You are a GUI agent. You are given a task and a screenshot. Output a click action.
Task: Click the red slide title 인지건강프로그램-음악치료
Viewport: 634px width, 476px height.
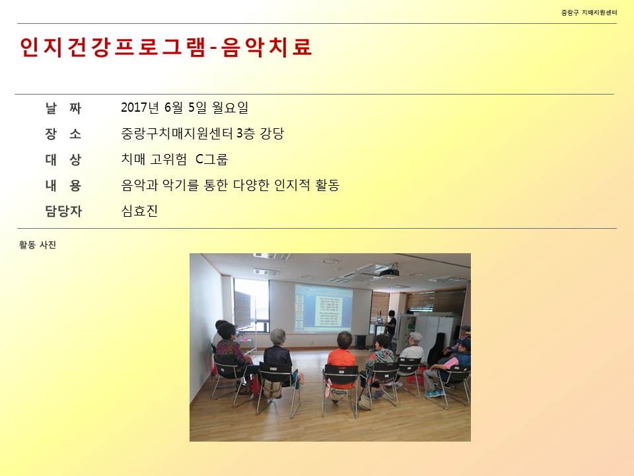166,47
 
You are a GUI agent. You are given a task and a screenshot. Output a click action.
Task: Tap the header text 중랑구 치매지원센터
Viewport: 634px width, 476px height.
589,13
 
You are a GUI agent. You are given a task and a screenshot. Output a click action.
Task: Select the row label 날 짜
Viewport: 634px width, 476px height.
63,108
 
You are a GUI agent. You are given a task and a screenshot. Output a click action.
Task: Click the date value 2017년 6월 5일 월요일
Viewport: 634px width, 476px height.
184,107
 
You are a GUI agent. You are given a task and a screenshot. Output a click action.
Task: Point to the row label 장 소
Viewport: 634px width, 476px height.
63,134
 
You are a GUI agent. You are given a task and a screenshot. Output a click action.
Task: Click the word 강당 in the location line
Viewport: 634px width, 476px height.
272,133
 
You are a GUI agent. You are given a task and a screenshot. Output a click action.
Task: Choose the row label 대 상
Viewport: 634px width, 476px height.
63,159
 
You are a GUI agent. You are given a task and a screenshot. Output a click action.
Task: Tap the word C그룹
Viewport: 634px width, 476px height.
211,159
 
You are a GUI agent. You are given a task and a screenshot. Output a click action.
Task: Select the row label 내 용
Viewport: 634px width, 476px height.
63,185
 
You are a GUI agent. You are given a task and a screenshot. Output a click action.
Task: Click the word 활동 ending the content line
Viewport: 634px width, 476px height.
327,185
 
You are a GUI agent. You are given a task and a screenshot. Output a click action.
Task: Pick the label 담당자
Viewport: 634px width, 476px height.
63,211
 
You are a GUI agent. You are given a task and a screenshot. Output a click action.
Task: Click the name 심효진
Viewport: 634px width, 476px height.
139,210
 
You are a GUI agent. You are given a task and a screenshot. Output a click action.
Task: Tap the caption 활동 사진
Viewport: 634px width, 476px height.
37,245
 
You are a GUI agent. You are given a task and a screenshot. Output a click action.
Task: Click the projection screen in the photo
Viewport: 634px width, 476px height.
323,308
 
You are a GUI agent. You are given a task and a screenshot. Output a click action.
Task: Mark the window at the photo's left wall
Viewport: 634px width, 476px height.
251,305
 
